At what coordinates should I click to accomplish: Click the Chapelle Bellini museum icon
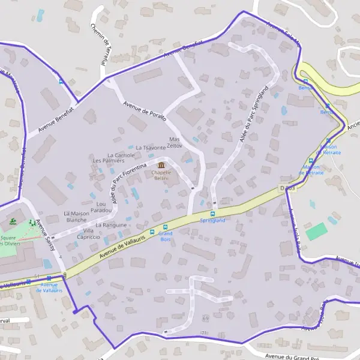(x=161, y=165)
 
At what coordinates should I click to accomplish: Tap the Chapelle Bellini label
(x=161, y=175)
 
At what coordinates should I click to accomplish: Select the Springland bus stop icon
(x=212, y=214)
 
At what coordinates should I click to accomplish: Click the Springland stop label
(x=212, y=221)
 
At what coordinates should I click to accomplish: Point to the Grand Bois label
(x=166, y=236)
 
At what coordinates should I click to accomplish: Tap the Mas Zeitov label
(x=175, y=142)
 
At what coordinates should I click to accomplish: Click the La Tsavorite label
(x=151, y=148)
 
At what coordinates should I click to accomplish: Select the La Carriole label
(x=121, y=155)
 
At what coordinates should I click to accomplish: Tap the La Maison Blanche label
(x=76, y=217)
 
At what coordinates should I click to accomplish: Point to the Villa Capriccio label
(x=89, y=233)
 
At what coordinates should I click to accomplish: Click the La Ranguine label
(x=111, y=225)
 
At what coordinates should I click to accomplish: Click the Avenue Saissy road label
(x=45, y=235)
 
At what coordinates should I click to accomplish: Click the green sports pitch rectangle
(x=316, y=232)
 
